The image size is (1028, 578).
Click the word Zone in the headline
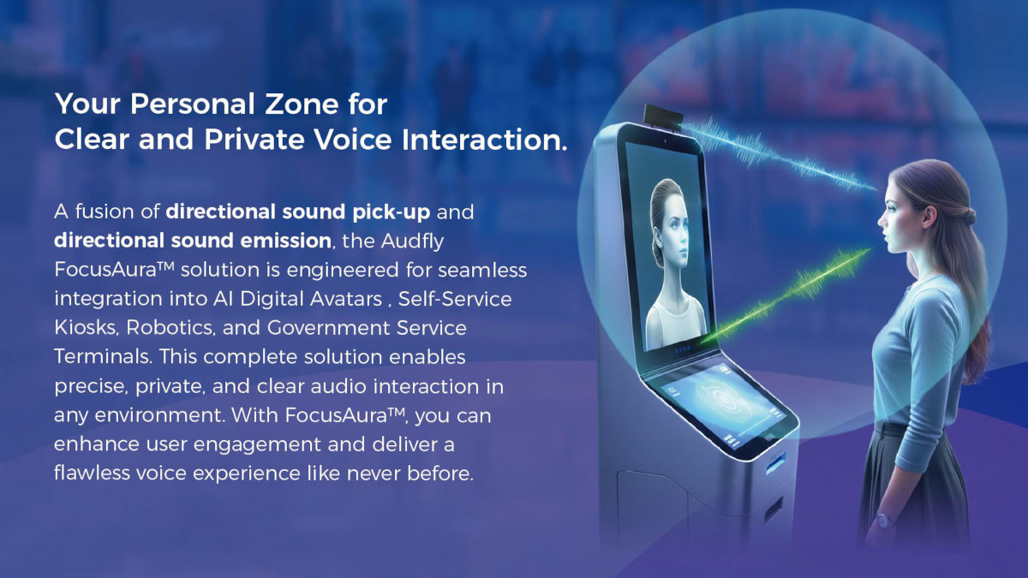coord(302,104)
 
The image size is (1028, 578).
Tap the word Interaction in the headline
coord(484,140)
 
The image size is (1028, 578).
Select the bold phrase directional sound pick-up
coord(298,212)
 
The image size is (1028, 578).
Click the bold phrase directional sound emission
coord(193,241)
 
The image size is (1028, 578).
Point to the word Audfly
coord(412,241)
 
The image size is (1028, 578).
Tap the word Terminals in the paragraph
coord(103,357)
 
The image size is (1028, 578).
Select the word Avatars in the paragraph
coord(346,299)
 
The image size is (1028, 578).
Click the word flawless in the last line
coord(92,473)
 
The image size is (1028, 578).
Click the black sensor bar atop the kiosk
coord(663,116)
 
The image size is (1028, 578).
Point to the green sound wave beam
coord(785,296)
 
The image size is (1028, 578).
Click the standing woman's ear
coord(929,216)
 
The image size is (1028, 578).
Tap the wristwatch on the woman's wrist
coord(884,520)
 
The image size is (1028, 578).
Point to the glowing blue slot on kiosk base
coord(776,463)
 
